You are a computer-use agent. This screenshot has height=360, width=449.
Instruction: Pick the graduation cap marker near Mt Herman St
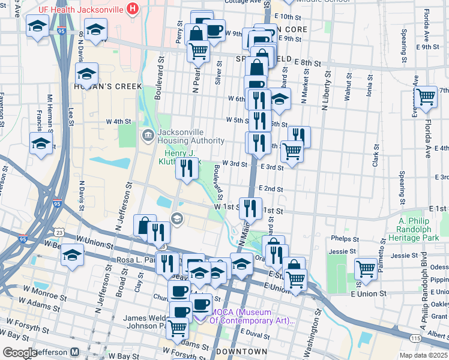pyautogui.click(x=41, y=143)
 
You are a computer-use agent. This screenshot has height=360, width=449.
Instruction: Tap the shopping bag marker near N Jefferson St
pyautogui.click(x=145, y=226)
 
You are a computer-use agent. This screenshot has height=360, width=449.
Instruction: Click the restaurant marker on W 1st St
pyautogui.click(x=250, y=208)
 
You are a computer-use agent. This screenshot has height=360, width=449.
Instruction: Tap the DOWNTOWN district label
pyautogui.click(x=241, y=351)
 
